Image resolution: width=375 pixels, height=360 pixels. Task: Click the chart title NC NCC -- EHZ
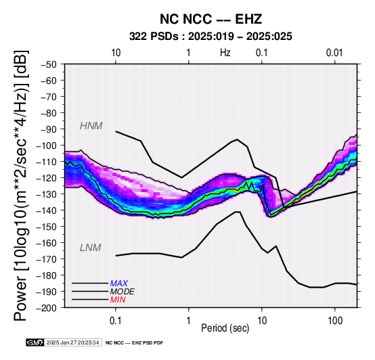click(211, 19)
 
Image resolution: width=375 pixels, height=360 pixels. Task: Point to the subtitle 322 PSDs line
click(211, 37)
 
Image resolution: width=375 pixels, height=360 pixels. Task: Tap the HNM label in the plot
click(91, 126)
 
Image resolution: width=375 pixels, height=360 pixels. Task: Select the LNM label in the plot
click(91, 248)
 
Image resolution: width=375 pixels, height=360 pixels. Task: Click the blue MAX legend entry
click(119, 284)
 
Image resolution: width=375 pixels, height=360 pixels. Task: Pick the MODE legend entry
click(123, 292)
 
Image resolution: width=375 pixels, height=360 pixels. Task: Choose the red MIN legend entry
click(118, 300)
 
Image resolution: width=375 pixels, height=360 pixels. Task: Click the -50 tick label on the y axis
click(49, 64)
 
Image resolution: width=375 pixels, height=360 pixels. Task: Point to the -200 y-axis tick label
click(47, 308)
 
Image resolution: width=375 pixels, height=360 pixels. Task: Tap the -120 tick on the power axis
click(47, 178)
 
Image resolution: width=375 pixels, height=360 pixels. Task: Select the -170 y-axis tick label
click(47, 259)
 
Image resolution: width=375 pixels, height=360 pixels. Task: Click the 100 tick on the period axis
click(335, 321)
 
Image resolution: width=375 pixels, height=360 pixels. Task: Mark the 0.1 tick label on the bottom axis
click(116, 321)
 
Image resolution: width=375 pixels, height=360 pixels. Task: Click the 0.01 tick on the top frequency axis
click(334, 53)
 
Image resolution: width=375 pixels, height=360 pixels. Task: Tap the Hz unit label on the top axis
click(225, 53)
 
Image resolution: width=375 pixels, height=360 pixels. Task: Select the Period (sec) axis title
click(225, 328)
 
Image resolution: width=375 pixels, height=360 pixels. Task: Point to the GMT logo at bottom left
click(35, 342)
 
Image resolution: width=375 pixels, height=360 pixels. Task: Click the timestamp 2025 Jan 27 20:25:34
click(72, 342)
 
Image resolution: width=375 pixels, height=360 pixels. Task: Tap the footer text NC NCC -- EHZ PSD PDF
click(135, 343)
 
